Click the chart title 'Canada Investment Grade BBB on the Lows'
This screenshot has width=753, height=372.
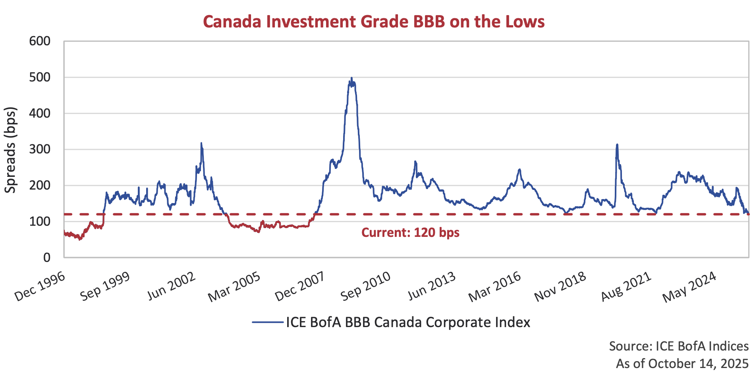(373, 21)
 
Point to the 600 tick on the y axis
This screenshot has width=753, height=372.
(40, 41)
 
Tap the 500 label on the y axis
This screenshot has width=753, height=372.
(40, 77)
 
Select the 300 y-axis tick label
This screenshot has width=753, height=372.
(40, 149)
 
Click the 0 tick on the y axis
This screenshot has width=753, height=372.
(47, 258)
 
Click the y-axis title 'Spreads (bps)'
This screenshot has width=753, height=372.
(10, 150)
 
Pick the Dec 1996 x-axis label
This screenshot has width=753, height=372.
(40, 287)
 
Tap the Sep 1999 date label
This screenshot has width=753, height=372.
(105, 287)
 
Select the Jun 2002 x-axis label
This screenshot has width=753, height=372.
(172, 287)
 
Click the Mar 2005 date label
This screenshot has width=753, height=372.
(234, 287)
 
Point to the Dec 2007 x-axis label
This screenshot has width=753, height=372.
(300, 287)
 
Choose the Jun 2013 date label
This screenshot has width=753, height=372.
(432, 287)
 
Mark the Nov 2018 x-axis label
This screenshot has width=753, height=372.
(560, 287)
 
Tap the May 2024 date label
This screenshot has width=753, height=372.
(689, 287)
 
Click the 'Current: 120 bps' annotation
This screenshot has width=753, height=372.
(410, 232)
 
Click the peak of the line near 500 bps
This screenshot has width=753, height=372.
(351, 78)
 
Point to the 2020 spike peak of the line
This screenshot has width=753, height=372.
(617, 145)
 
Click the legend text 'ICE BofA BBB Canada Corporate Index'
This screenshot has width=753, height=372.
(408, 322)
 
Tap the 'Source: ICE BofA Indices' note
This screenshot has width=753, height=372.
(679, 346)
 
